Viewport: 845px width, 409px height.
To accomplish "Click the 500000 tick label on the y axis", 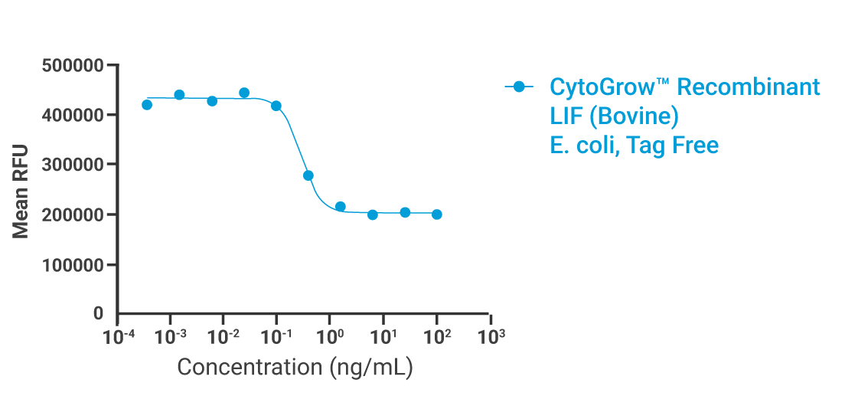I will (x=72, y=65).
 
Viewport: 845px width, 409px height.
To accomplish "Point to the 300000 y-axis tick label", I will (x=72, y=165).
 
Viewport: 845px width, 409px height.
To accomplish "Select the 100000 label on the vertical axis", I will (x=72, y=265).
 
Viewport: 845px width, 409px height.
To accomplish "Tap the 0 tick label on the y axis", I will (x=98, y=313).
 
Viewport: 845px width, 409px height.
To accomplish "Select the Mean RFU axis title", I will (x=21, y=190).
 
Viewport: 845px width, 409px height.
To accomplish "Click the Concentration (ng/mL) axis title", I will (x=295, y=368).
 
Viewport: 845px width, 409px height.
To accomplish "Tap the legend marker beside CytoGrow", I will (x=519, y=87).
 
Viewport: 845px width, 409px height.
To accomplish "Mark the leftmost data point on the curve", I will (x=147, y=104).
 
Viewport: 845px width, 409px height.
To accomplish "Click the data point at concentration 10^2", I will (x=436, y=214).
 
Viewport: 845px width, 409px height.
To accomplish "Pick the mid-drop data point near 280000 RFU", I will (x=308, y=175).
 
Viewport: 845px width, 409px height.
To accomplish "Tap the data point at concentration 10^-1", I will (x=276, y=106).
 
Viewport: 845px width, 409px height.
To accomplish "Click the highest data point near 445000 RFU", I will (x=244, y=93).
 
